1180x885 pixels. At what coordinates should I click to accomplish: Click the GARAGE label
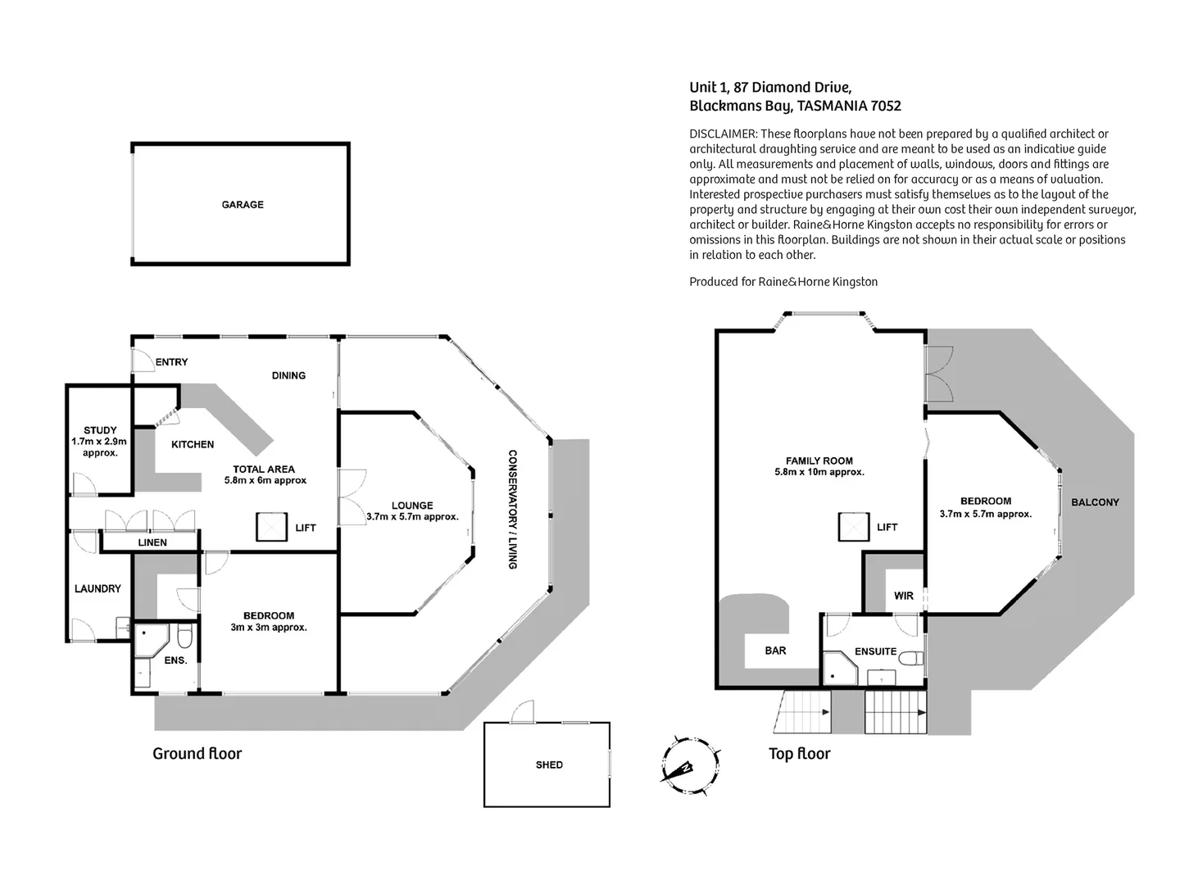[x=243, y=205]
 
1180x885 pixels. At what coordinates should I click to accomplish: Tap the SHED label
[x=549, y=765]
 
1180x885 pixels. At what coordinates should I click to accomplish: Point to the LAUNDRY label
[x=98, y=588]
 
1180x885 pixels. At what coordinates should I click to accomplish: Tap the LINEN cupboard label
[x=152, y=542]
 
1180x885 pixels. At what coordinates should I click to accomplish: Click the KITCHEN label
[x=193, y=444]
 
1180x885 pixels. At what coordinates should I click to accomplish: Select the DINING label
[x=288, y=375]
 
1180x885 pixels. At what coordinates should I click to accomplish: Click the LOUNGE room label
[x=411, y=506]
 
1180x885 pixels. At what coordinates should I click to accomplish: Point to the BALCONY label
[x=1095, y=502]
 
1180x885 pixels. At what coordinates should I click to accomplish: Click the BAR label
[x=775, y=651]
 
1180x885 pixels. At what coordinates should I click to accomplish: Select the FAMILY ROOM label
[x=819, y=461]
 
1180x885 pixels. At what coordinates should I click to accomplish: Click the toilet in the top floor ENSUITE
[x=912, y=658]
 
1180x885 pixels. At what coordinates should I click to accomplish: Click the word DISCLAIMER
[x=722, y=134]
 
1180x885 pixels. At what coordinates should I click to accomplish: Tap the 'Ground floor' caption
[x=197, y=754]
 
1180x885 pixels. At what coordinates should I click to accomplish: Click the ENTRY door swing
[x=142, y=361]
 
